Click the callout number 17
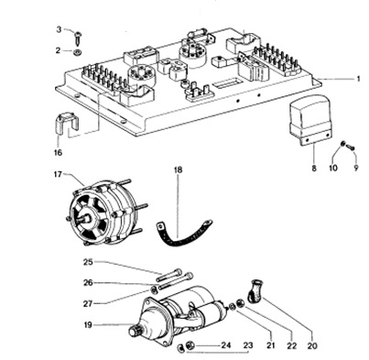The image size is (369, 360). (x=58, y=174)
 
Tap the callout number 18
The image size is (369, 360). (x=179, y=169)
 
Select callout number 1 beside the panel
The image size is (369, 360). (x=359, y=79)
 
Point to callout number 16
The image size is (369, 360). (x=58, y=152)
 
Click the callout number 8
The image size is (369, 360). (x=314, y=168)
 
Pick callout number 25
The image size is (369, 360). (x=88, y=262)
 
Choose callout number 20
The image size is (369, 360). (x=312, y=345)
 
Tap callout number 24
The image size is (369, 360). (x=226, y=345)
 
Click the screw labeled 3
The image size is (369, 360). (x=78, y=37)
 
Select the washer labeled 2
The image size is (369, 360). (x=77, y=52)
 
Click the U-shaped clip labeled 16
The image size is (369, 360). (x=67, y=123)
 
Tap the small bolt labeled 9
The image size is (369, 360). (x=352, y=147)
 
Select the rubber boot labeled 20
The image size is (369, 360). (x=255, y=290)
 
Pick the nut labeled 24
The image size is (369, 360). (x=190, y=345)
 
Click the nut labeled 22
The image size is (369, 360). (x=240, y=304)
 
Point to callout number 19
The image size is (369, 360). (x=88, y=325)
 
